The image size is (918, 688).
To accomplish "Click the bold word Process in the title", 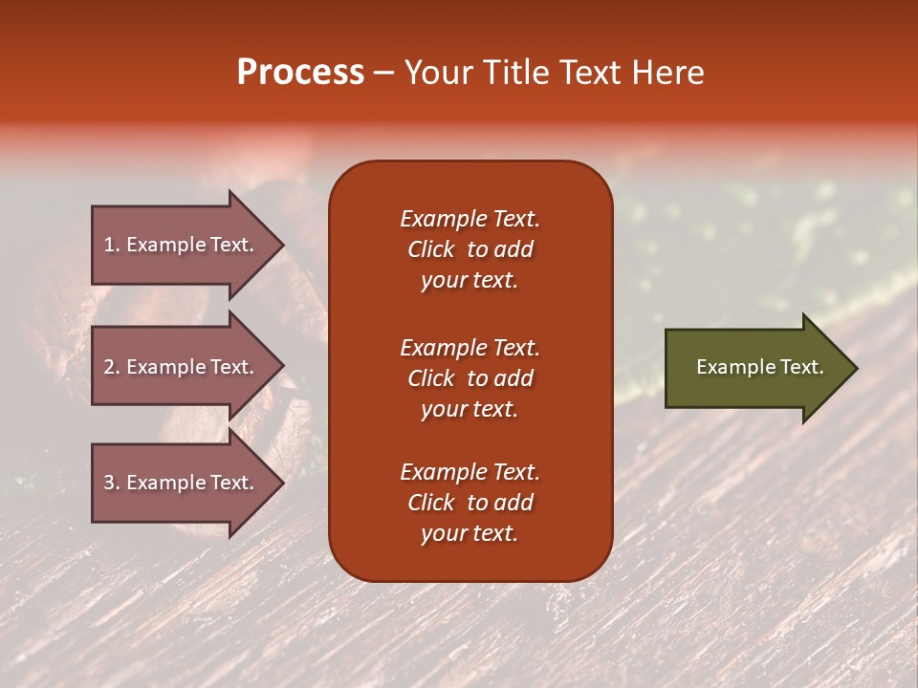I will (300, 73).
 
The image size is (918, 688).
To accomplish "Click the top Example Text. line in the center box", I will (470, 219).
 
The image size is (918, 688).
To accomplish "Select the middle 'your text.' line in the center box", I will (470, 409).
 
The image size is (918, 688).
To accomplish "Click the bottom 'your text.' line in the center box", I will (470, 533).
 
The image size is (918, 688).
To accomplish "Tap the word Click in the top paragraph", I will (430, 249).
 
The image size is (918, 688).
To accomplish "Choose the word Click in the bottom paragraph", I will (430, 503).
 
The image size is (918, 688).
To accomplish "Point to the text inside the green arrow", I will (760, 367).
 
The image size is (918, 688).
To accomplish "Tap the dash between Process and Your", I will (384, 73).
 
